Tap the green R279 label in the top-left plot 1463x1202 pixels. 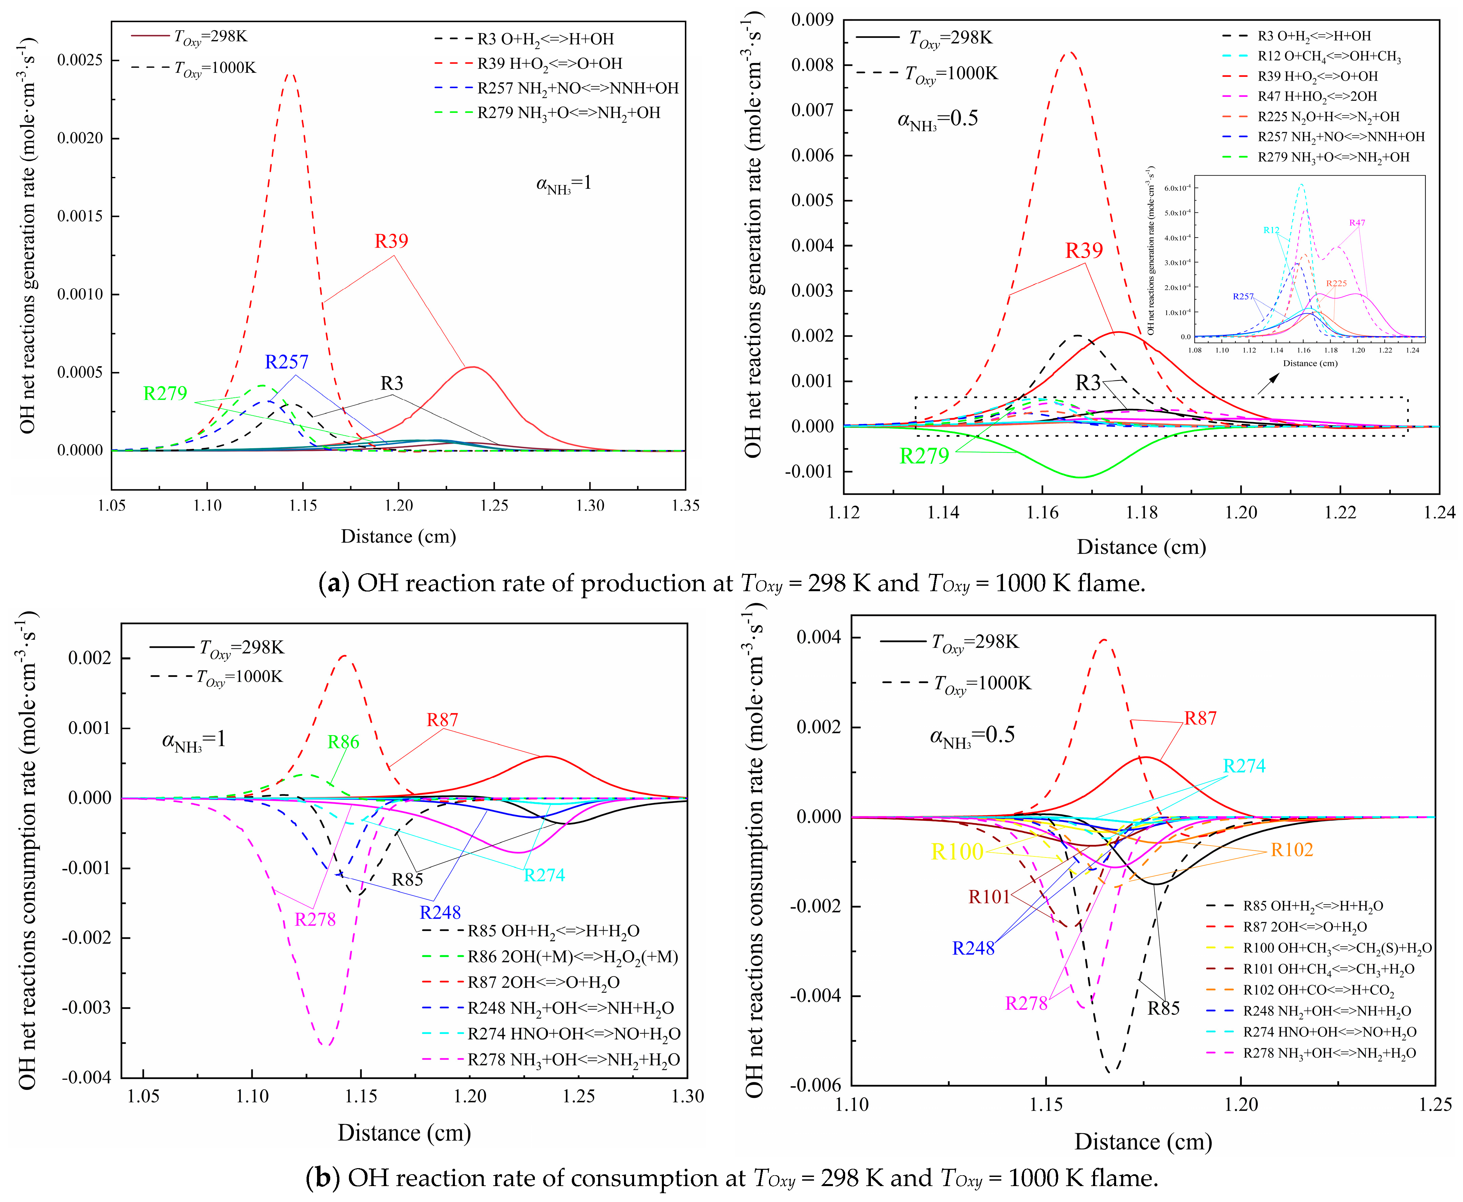[165, 393]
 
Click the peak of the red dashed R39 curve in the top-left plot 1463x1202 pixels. [290, 74]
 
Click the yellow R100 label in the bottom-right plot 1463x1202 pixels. [957, 852]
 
